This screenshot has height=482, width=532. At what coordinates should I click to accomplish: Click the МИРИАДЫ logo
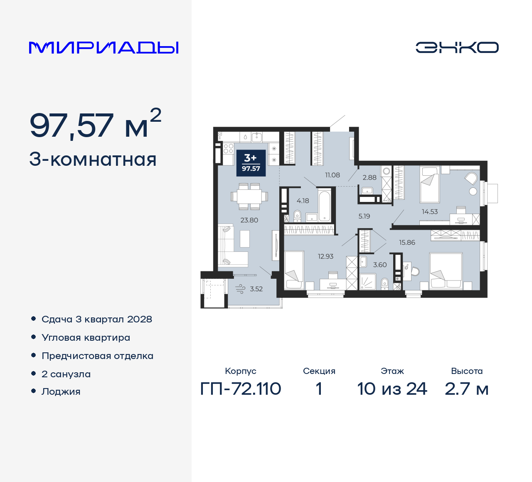coord(103,47)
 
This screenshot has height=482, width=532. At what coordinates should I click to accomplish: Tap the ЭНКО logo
coord(457,47)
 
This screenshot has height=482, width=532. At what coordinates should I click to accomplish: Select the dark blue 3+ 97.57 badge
coord(251,162)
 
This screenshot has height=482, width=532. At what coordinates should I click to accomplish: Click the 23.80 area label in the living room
coord(249,220)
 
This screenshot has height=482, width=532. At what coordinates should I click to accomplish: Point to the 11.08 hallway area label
coord(332,175)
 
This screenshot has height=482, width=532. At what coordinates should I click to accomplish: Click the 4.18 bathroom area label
coord(303,201)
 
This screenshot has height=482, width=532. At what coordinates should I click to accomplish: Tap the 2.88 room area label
coord(369,177)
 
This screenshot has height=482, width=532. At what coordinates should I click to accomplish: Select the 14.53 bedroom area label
coord(429,211)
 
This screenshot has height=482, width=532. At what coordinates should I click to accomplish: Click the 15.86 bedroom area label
coord(407,242)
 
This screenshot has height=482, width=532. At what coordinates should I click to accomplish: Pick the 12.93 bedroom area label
coord(325,256)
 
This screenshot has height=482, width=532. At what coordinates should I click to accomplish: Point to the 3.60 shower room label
coord(379,265)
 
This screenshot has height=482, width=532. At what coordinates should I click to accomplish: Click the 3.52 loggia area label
coord(256,289)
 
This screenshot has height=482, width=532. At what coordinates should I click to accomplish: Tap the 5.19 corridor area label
coord(364,216)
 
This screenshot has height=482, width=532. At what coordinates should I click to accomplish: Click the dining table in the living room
coord(249,197)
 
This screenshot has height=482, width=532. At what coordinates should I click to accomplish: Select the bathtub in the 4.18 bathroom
coord(325,205)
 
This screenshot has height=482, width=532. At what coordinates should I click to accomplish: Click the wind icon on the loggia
coord(240,289)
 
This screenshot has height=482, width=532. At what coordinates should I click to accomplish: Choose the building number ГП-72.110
coord(241,389)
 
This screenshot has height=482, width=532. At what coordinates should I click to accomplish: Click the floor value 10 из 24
coord(392,389)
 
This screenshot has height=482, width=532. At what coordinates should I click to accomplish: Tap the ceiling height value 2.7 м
coord(466,389)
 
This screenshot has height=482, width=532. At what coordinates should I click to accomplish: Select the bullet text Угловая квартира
coord(86,337)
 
